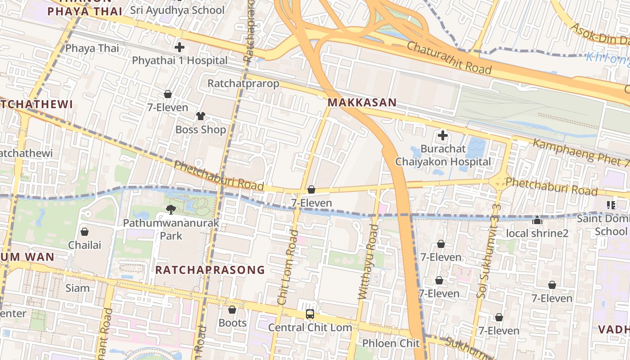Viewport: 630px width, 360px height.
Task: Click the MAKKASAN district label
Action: point(362,103)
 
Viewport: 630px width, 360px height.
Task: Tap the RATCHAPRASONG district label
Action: point(210,270)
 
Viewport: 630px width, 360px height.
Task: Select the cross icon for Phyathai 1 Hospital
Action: point(180,47)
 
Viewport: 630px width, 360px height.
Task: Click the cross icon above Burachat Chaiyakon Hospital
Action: point(443,135)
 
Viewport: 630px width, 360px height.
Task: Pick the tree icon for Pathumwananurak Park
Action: point(171,209)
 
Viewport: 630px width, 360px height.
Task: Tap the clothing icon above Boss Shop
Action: point(200,116)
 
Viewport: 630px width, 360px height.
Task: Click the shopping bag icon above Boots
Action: point(232,310)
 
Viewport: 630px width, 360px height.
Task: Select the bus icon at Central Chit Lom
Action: point(310,314)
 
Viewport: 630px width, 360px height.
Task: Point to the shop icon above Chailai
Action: point(85,232)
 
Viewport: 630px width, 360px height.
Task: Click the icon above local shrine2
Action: point(537,220)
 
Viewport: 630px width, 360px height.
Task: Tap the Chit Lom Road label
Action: point(288,267)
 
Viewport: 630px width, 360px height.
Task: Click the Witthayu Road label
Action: point(368,261)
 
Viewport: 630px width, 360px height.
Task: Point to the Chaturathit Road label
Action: point(449,58)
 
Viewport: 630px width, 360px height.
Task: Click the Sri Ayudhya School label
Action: point(177,10)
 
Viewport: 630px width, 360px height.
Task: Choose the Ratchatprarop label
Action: point(243,84)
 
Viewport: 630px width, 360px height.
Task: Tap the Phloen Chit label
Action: point(391,343)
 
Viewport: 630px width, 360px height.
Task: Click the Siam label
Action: point(77,288)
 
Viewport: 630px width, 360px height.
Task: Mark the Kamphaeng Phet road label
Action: point(580,152)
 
